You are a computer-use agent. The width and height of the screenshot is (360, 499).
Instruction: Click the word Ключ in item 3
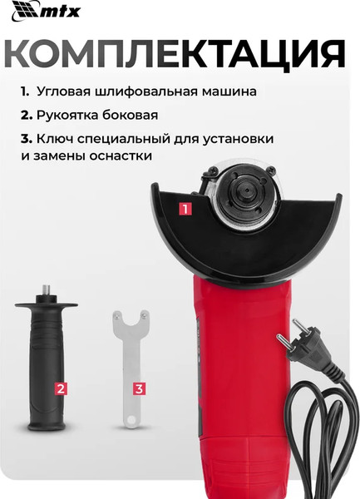[x=57, y=139]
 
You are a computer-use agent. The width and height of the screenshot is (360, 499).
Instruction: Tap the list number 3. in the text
[x=27, y=139]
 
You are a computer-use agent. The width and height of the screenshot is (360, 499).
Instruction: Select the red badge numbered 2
[x=61, y=388]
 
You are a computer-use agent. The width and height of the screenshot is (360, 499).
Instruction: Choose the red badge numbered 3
[x=139, y=388]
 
